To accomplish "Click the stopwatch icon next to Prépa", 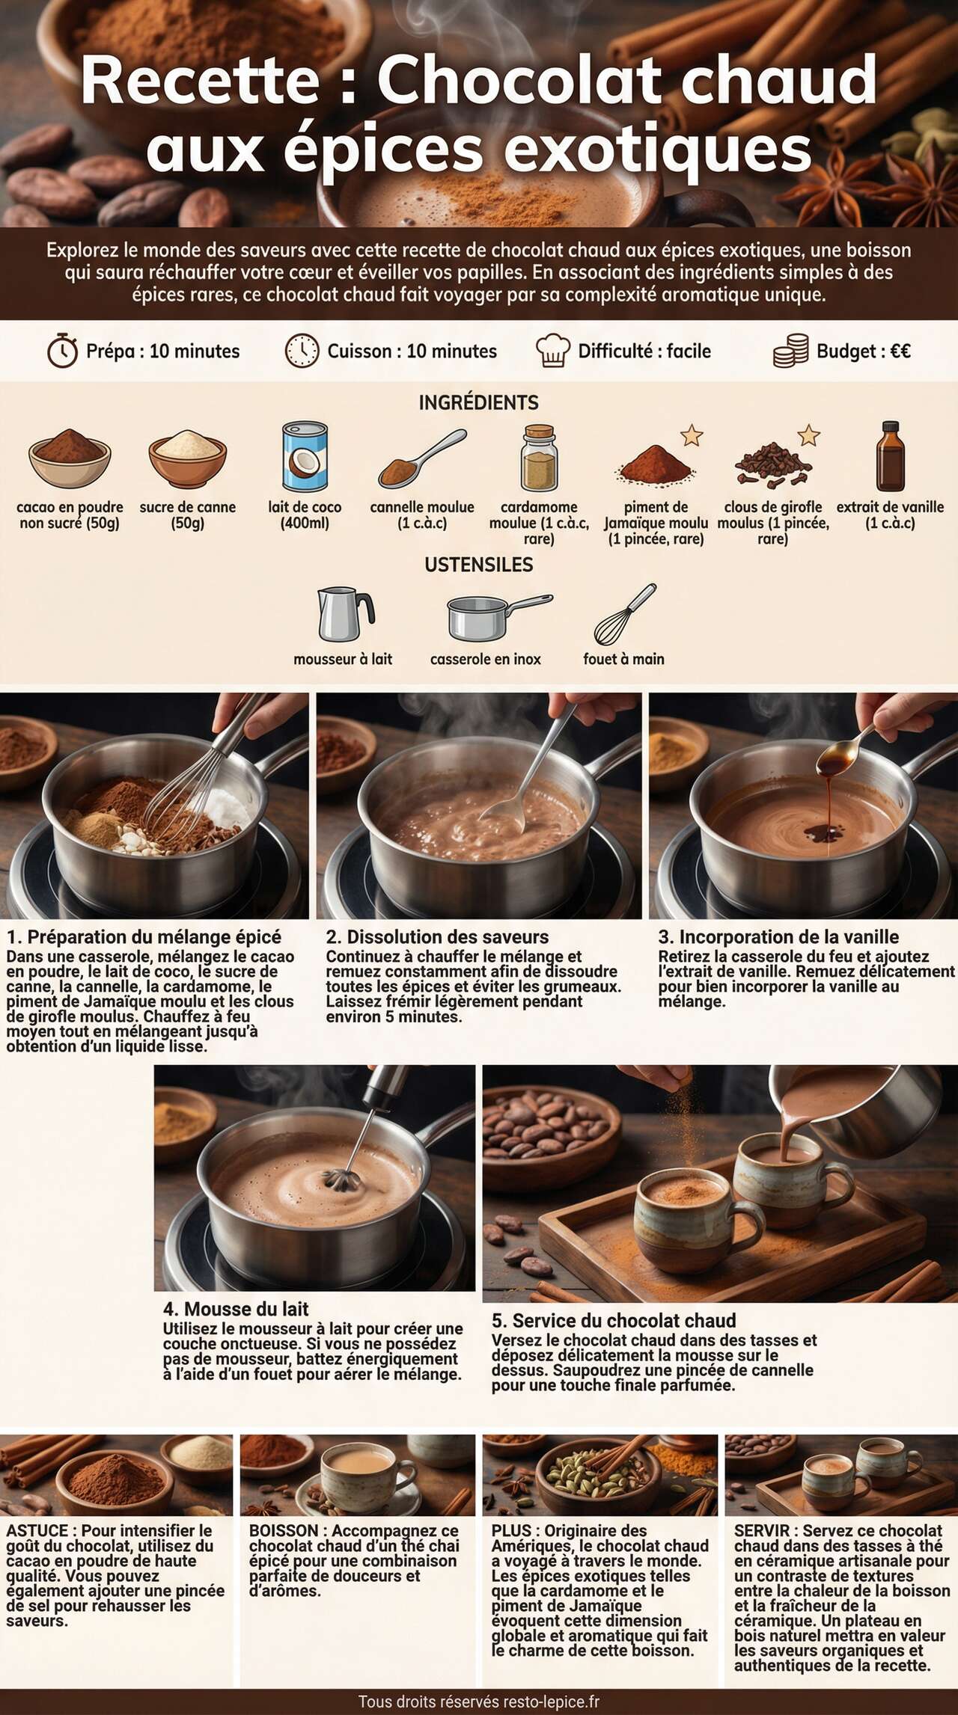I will tap(62, 351).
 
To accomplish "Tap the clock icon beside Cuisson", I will tap(302, 351).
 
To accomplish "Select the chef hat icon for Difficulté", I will tap(552, 351).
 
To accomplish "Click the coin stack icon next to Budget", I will tap(791, 351).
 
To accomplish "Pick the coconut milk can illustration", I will tap(305, 456).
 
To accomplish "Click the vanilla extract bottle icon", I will tap(890, 456).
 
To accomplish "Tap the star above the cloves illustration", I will tap(808, 435).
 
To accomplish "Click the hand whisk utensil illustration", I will tap(624, 616).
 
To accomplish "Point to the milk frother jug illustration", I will tap(344, 614).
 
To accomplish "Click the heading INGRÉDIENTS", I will tap(478, 402).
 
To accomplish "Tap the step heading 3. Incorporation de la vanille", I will tap(778, 936).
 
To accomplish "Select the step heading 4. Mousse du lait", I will tap(236, 1309).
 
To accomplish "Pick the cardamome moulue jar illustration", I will tap(539, 458).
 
